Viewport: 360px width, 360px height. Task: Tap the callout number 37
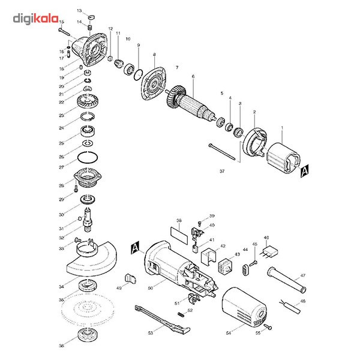222,172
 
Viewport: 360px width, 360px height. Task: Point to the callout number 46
266,238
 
